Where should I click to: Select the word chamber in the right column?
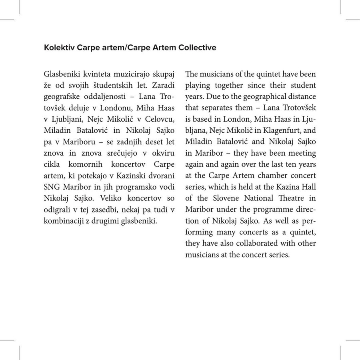tap(272, 175)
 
